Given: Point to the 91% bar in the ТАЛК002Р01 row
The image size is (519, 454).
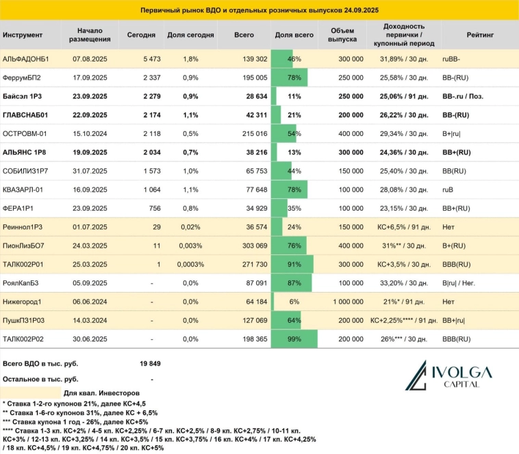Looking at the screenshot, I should point(292,264).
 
